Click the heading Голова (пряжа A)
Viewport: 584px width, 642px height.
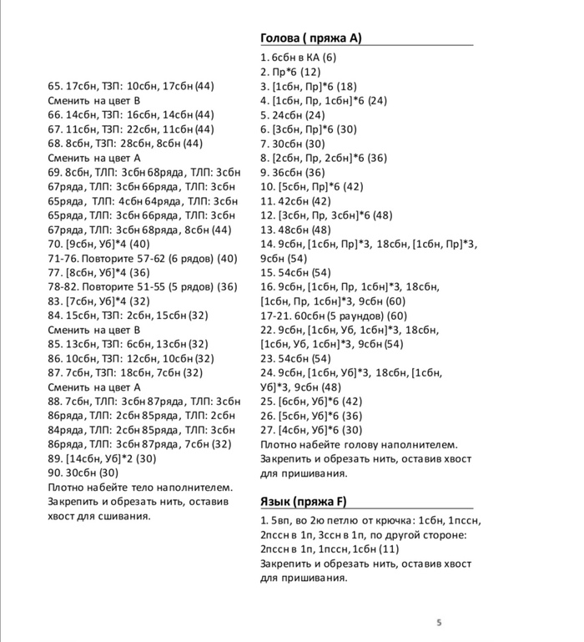click(x=311, y=38)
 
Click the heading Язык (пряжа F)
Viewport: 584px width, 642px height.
click(x=304, y=502)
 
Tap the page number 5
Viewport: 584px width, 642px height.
click(x=439, y=622)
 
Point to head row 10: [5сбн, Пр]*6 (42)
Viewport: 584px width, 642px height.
click(x=311, y=187)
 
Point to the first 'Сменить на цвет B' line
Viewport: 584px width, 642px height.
click(x=93, y=100)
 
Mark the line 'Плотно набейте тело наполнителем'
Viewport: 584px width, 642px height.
click(x=140, y=488)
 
